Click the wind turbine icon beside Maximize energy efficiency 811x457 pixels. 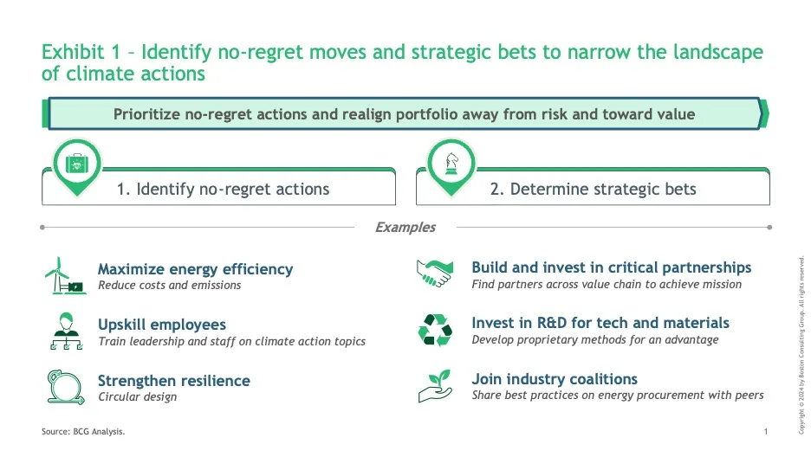click(66, 276)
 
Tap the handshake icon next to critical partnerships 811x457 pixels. click(434, 274)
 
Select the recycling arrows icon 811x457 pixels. click(435, 330)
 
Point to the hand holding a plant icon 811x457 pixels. click(435, 386)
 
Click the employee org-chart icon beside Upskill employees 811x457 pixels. click(66, 331)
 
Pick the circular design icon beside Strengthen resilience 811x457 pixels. click(66, 387)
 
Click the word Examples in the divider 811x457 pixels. click(405, 228)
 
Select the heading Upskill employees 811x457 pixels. click(162, 325)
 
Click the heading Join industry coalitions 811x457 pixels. click(555, 379)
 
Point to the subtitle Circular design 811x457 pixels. click(138, 396)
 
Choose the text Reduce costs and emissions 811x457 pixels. click(170, 285)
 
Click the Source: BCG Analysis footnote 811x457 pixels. click(83, 432)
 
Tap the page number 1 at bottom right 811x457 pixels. click(766, 432)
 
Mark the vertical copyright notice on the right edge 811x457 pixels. click(801, 345)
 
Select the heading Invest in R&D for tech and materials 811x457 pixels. click(600, 323)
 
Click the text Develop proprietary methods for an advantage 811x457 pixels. click(594, 340)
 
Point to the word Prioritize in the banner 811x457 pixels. click(146, 114)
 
